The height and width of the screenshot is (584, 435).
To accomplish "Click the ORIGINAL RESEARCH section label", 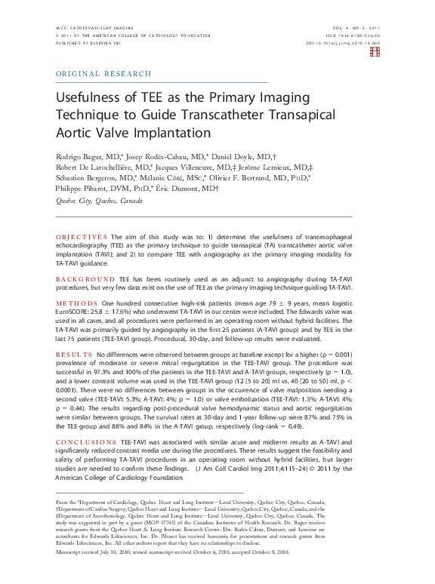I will pyautogui.click(x=103, y=74).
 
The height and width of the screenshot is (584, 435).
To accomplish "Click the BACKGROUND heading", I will pyautogui.click(x=84, y=278).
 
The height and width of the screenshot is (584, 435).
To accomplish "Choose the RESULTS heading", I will pyautogui.click(x=74, y=354).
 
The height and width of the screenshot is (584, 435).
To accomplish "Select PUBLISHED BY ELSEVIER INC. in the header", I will pyautogui.click(x=88, y=44).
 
